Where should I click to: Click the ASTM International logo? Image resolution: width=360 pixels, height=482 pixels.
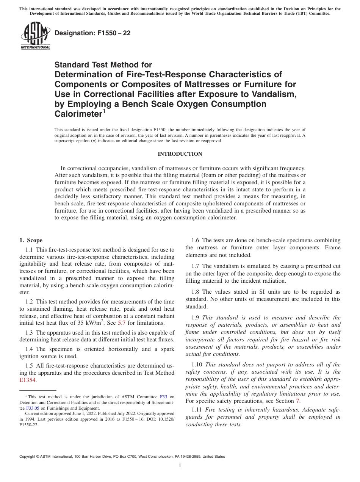pos(35,36)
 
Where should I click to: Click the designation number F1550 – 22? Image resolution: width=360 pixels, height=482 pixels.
pos(92,33)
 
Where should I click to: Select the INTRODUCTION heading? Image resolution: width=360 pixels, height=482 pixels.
pos(180,154)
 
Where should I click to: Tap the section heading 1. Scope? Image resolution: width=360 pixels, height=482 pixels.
pos(31,240)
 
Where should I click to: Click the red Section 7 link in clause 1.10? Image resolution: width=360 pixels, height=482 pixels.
pos(297,401)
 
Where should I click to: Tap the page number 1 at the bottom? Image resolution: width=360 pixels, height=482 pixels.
pos(180,465)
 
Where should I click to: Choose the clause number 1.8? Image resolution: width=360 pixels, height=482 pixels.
pos(196,292)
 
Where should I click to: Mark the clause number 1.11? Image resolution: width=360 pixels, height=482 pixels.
pos(197,410)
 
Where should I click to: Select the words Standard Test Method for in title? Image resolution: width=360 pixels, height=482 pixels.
pos(103,65)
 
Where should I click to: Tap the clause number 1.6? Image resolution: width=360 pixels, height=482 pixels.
pos(196,240)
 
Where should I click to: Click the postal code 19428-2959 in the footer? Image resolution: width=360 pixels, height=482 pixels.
pos(190,457)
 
